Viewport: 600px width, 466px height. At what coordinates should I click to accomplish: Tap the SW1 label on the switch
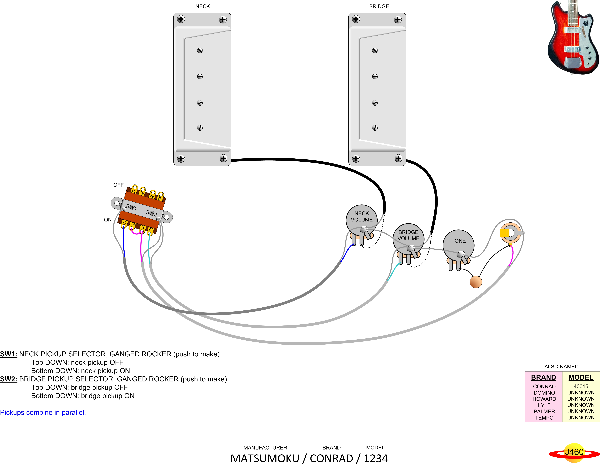coord(131,207)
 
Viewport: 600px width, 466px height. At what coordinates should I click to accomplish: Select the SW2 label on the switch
coord(151,213)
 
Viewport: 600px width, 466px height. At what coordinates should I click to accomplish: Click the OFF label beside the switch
coord(118,185)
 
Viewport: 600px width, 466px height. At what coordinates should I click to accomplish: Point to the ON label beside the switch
coord(108,220)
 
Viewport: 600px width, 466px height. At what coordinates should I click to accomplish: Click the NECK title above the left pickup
coord(203,6)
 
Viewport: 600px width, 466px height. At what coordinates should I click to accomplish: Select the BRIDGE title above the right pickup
coord(379,6)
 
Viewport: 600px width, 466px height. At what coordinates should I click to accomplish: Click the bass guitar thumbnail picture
coord(573,37)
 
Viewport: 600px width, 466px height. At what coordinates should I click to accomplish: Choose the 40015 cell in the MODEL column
coord(581,386)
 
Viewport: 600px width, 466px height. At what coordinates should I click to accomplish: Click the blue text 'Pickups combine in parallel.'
coord(43,412)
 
